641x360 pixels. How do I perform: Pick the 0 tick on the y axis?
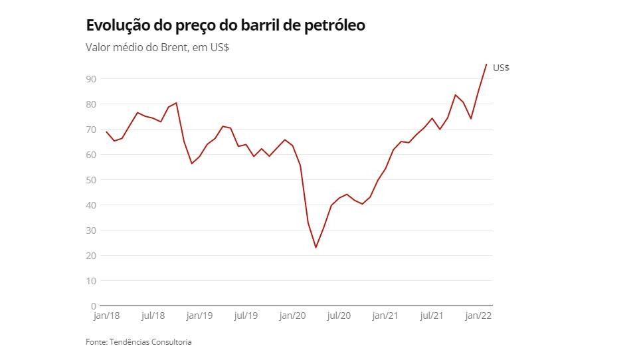94,306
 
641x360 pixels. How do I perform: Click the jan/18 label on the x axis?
106,316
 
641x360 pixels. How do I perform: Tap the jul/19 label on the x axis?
246,316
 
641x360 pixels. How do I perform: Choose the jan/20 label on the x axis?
292,316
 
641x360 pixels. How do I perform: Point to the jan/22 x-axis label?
478,316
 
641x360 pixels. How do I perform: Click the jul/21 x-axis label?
432,316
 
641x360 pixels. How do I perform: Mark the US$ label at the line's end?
501,68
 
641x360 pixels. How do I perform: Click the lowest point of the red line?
316,248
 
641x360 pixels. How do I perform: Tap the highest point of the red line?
486,64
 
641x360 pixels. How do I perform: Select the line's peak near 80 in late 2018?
176,103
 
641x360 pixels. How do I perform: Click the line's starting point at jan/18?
106,132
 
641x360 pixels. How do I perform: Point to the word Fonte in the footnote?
96,342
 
